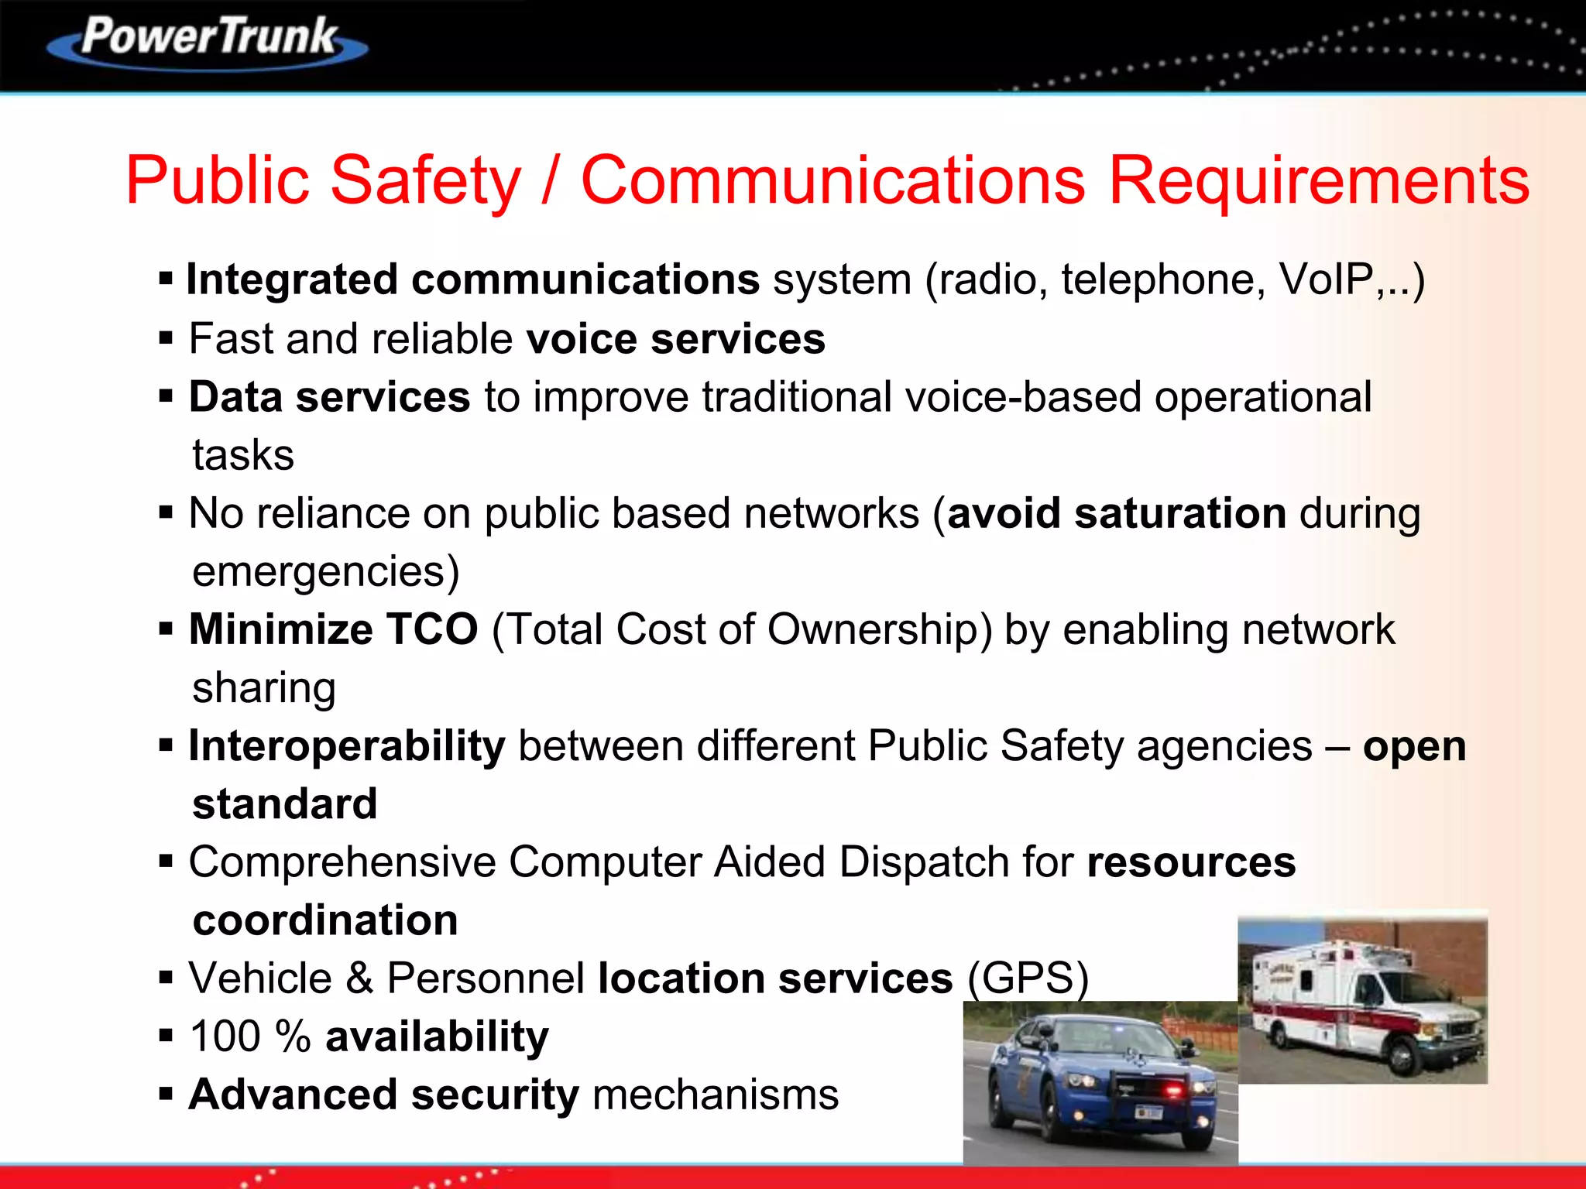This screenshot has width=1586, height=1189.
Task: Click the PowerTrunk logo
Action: pos(208,40)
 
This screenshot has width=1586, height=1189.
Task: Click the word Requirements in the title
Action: pos(1319,180)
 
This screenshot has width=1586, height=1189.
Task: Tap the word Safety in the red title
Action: pos(426,180)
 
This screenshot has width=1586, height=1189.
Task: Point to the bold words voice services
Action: pos(675,339)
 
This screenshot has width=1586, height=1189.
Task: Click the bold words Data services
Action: pos(330,397)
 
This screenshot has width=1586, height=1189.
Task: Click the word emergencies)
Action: pos(326,571)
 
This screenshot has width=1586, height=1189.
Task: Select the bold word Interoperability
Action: pos(347,746)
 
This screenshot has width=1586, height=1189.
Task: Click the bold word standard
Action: pos(285,804)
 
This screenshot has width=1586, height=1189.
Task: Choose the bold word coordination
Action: pos(325,920)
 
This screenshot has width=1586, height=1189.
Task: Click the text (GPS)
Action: pos(1028,978)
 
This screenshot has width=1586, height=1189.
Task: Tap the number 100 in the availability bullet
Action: pos(225,1037)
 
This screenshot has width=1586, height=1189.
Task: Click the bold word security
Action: pos(494,1095)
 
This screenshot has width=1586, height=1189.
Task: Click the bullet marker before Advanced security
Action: pos(166,1095)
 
